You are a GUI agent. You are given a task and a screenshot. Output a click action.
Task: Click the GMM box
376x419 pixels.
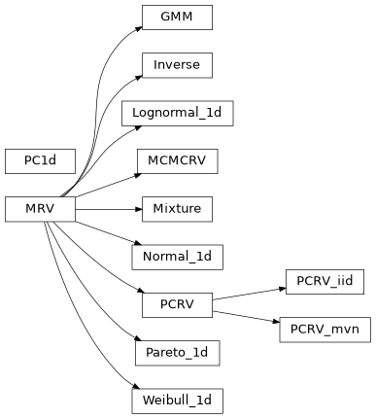[x=177, y=17]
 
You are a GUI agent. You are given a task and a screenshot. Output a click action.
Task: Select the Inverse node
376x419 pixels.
[x=177, y=65]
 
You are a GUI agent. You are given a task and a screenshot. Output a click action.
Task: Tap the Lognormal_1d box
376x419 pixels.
[x=177, y=113]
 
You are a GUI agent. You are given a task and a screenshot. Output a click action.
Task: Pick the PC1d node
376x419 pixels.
[x=40, y=160]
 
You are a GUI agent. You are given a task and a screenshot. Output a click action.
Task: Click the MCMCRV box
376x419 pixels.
[x=177, y=160]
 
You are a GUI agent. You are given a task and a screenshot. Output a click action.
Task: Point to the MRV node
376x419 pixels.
[x=40, y=208]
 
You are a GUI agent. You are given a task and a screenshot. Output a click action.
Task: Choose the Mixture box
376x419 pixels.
[x=177, y=208]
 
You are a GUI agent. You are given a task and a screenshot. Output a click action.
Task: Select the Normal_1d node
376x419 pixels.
[x=177, y=257]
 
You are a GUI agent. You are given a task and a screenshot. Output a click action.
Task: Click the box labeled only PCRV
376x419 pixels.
[x=177, y=304]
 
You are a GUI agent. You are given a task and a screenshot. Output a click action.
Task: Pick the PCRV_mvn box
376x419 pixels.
[x=325, y=329]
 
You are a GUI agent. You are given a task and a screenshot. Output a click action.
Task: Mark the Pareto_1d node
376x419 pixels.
[x=177, y=352]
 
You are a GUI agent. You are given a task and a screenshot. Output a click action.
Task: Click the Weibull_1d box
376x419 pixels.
[x=177, y=400]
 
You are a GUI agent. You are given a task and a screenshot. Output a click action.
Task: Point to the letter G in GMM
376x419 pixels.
[x=164, y=17]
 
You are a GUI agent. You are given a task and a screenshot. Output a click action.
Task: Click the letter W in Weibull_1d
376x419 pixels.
[x=147, y=400]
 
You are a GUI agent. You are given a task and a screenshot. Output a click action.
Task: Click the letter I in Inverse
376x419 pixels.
[x=155, y=65]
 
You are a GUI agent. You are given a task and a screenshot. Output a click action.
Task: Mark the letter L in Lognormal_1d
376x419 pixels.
[x=135, y=113]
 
